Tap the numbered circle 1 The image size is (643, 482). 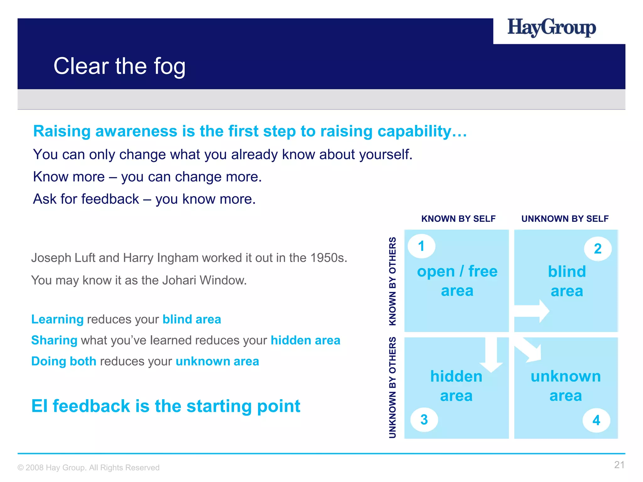tap(421, 246)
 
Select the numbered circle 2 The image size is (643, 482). tap(597, 249)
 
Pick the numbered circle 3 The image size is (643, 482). tap(424, 420)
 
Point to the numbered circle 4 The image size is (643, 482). tap(596, 420)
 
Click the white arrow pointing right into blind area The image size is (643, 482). tap(532, 311)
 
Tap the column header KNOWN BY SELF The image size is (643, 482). tap(458, 219)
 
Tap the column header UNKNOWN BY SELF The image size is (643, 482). tap(565, 219)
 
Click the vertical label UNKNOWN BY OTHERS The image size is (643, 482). tap(392, 388)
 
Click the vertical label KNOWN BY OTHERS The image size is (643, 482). tap(392, 281)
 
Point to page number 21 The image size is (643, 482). tap(619, 465)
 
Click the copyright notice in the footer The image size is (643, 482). tap(89, 468)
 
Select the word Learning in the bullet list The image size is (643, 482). tap(57, 319)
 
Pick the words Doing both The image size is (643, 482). tap(64, 361)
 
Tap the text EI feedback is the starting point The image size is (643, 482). tap(166, 406)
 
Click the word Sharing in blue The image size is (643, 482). tap(54, 340)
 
